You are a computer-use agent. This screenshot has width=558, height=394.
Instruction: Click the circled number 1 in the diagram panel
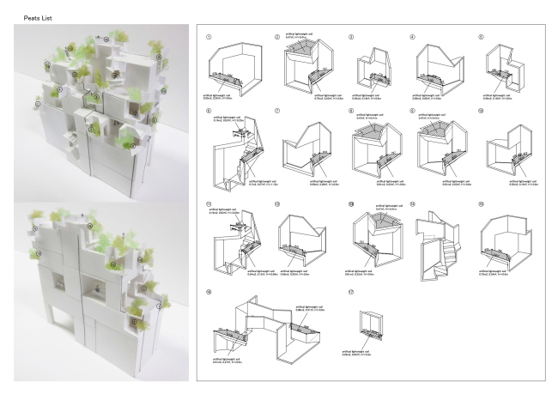pos(209,38)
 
